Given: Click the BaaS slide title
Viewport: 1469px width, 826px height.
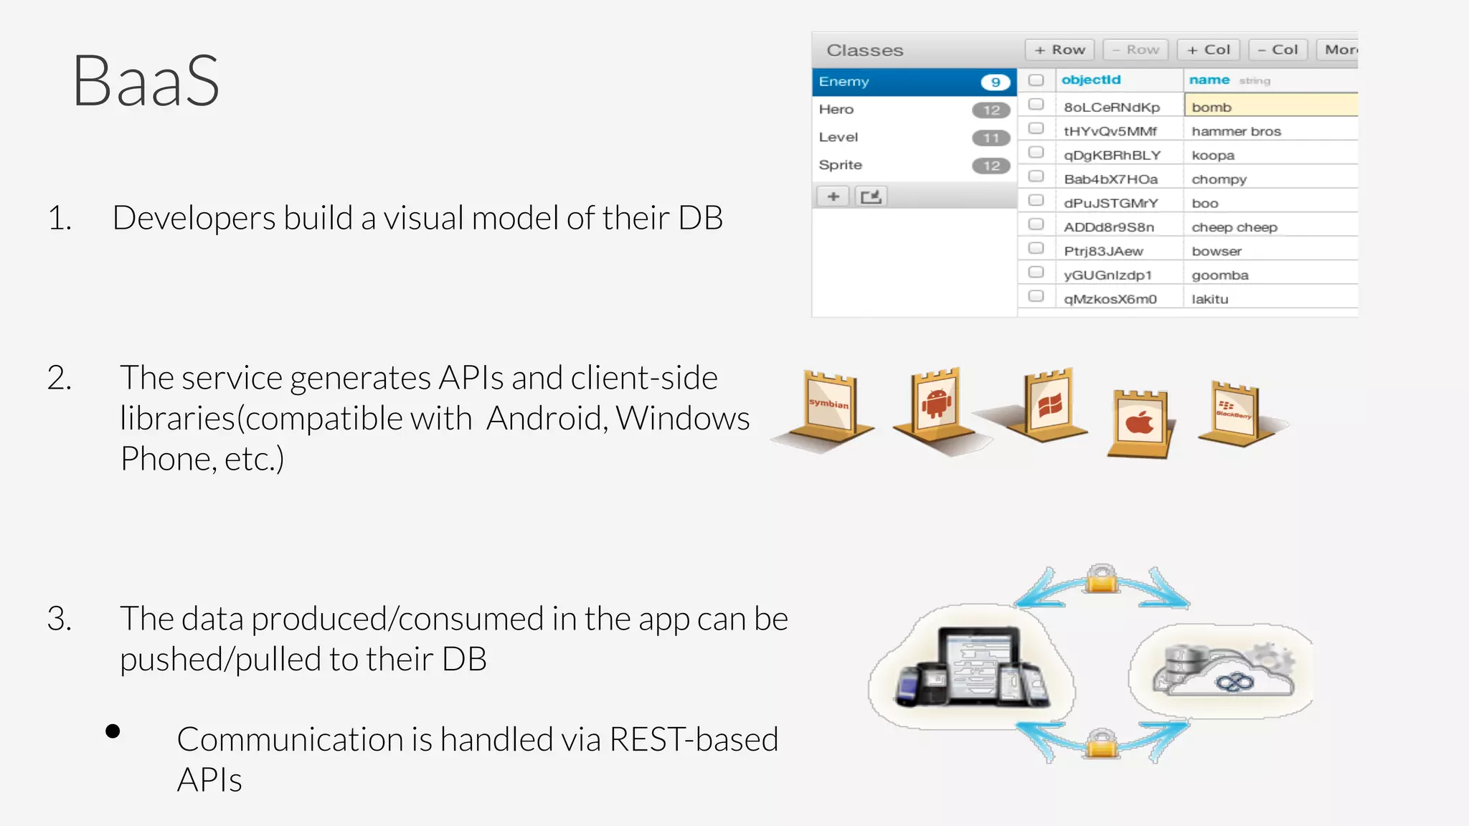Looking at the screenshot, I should [146, 81].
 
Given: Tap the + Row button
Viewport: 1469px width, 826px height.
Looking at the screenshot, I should [1059, 49].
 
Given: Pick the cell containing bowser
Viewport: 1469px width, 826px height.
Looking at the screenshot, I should [1217, 251].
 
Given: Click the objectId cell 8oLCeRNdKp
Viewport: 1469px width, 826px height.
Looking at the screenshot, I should [1111, 107].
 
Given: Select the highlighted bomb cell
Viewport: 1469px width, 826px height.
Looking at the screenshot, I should [1270, 106].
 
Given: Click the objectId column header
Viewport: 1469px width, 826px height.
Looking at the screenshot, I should [1090, 80].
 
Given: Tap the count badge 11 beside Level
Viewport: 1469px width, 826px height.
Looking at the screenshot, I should [991, 138].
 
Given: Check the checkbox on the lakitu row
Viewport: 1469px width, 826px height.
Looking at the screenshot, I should [1036, 296].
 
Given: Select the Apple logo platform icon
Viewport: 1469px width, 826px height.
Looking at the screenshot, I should [1139, 423].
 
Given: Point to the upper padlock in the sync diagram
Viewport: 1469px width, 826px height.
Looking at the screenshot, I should [1102, 579].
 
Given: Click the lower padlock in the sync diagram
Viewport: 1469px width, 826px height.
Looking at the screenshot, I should [1101, 744].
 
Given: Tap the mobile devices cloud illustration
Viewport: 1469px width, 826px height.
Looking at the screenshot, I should [972, 667].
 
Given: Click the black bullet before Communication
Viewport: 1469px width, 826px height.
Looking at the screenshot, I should [113, 731].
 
